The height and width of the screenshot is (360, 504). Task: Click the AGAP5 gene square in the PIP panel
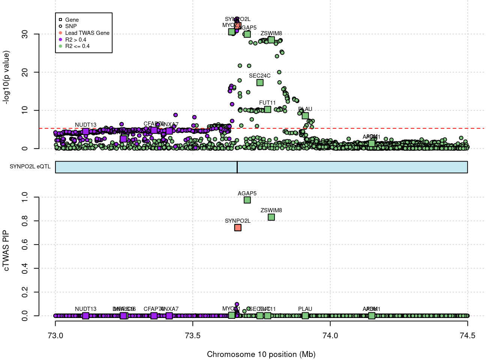[x=247, y=200]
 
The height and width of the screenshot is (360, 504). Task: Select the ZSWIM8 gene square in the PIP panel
[x=271, y=217]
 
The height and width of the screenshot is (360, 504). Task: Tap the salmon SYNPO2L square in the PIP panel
[x=237, y=228]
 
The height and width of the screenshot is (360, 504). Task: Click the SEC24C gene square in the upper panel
[x=260, y=82]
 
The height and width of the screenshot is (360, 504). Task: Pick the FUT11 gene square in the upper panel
[x=267, y=109]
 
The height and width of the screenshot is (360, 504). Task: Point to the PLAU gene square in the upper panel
[x=305, y=115]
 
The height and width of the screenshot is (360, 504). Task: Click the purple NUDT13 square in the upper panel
[x=85, y=131]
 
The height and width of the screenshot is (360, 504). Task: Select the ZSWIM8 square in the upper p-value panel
[x=271, y=40]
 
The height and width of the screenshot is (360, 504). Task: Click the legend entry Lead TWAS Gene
[x=87, y=33]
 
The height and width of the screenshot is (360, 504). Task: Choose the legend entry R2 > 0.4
[x=75, y=40]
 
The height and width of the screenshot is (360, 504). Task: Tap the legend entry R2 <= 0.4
[x=77, y=46]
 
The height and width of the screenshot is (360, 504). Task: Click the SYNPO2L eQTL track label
[x=30, y=166]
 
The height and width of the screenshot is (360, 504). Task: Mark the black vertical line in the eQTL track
[x=237, y=167]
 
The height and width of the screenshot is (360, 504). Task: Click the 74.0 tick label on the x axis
[x=330, y=335]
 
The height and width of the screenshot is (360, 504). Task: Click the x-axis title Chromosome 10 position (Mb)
[x=261, y=354]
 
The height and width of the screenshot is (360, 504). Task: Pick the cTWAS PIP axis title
[x=6, y=250]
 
